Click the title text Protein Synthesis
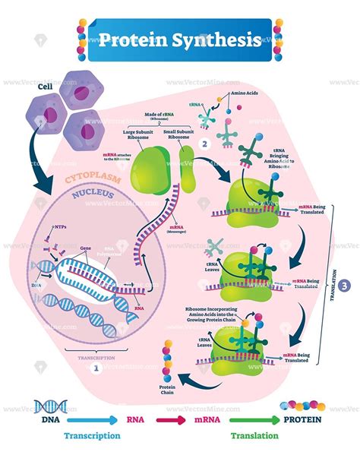tap(179, 40)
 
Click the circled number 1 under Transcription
tap(94, 367)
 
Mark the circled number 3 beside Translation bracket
tap(346, 286)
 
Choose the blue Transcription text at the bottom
tap(91, 436)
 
